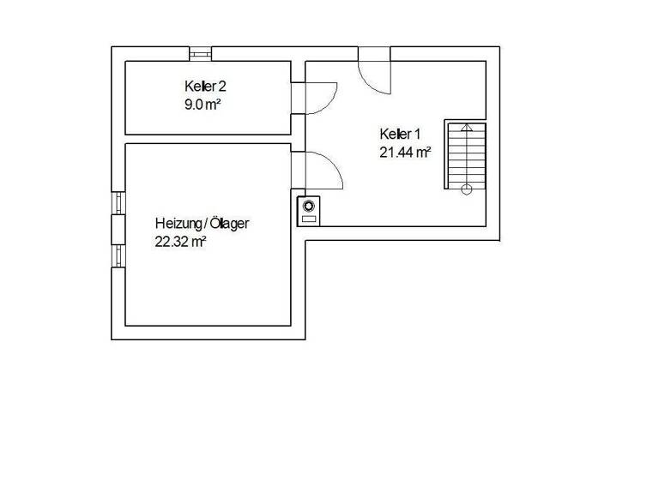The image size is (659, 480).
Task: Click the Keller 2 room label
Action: (204, 86)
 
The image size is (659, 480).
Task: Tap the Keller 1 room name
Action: (400, 134)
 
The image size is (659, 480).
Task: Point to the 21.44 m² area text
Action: (404, 153)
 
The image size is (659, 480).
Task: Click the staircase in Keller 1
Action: (466, 155)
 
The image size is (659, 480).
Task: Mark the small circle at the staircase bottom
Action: (466, 189)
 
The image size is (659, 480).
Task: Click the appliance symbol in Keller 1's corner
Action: (308, 210)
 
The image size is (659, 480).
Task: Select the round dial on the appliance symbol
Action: (308, 206)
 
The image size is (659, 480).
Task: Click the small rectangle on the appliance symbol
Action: (308, 219)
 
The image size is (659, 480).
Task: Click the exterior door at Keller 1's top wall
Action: (374, 69)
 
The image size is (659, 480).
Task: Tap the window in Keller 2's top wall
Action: (201, 53)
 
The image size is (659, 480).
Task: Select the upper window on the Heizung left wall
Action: (118, 201)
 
